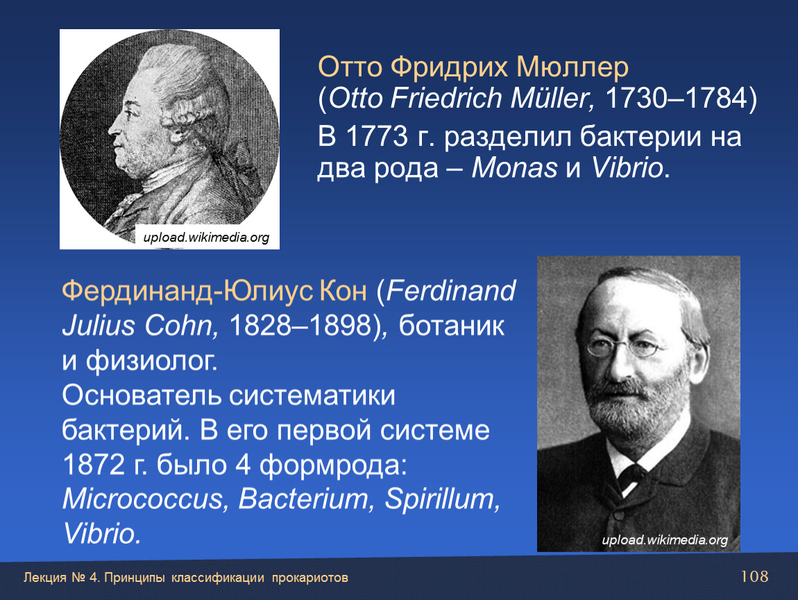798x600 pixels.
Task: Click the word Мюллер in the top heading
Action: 572,67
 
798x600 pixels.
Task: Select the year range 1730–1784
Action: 675,99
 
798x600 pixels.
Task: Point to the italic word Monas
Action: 514,168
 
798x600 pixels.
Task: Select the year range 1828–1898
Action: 300,326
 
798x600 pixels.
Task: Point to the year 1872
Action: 93,465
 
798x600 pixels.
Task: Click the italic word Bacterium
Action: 303,499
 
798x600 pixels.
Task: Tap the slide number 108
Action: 754,576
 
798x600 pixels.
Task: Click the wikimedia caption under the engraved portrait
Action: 206,237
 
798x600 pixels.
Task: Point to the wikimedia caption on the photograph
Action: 665,540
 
